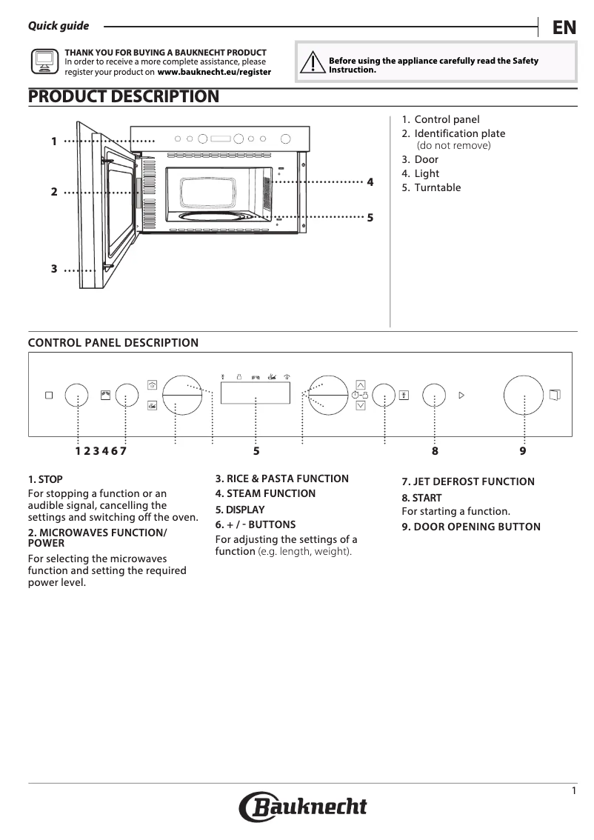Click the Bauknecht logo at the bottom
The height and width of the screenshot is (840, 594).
pyautogui.click(x=303, y=807)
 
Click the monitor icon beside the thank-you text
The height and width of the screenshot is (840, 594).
pyautogui.click(x=44, y=62)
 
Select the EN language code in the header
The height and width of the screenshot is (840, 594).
pyautogui.click(x=564, y=28)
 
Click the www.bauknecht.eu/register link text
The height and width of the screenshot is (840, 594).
pyautogui.click(x=214, y=73)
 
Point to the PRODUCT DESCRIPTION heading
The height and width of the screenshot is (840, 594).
pyautogui.click(x=123, y=96)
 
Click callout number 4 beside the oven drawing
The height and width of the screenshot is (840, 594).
pyautogui.click(x=370, y=181)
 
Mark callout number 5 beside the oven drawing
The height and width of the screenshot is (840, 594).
pyautogui.click(x=370, y=218)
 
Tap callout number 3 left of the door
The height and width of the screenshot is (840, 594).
pyautogui.click(x=54, y=269)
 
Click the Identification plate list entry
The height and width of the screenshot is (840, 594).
pyautogui.click(x=459, y=133)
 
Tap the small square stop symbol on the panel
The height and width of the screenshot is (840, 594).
pyautogui.click(x=49, y=396)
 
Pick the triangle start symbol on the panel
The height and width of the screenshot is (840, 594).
pyautogui.click(x=461, y=396)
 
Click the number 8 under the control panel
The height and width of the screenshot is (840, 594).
pyautogui.click(x=435, y=450)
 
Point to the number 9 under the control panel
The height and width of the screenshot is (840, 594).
pyautogui.click(x=523, y=450)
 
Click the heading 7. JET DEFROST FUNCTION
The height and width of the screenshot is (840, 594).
pyautogui.click(x=467, y=481)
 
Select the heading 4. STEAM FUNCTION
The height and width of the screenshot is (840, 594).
pyautogui.click(x=265, y=493)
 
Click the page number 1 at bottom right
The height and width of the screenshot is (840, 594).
pyautogui.click(x=573, y=791)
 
